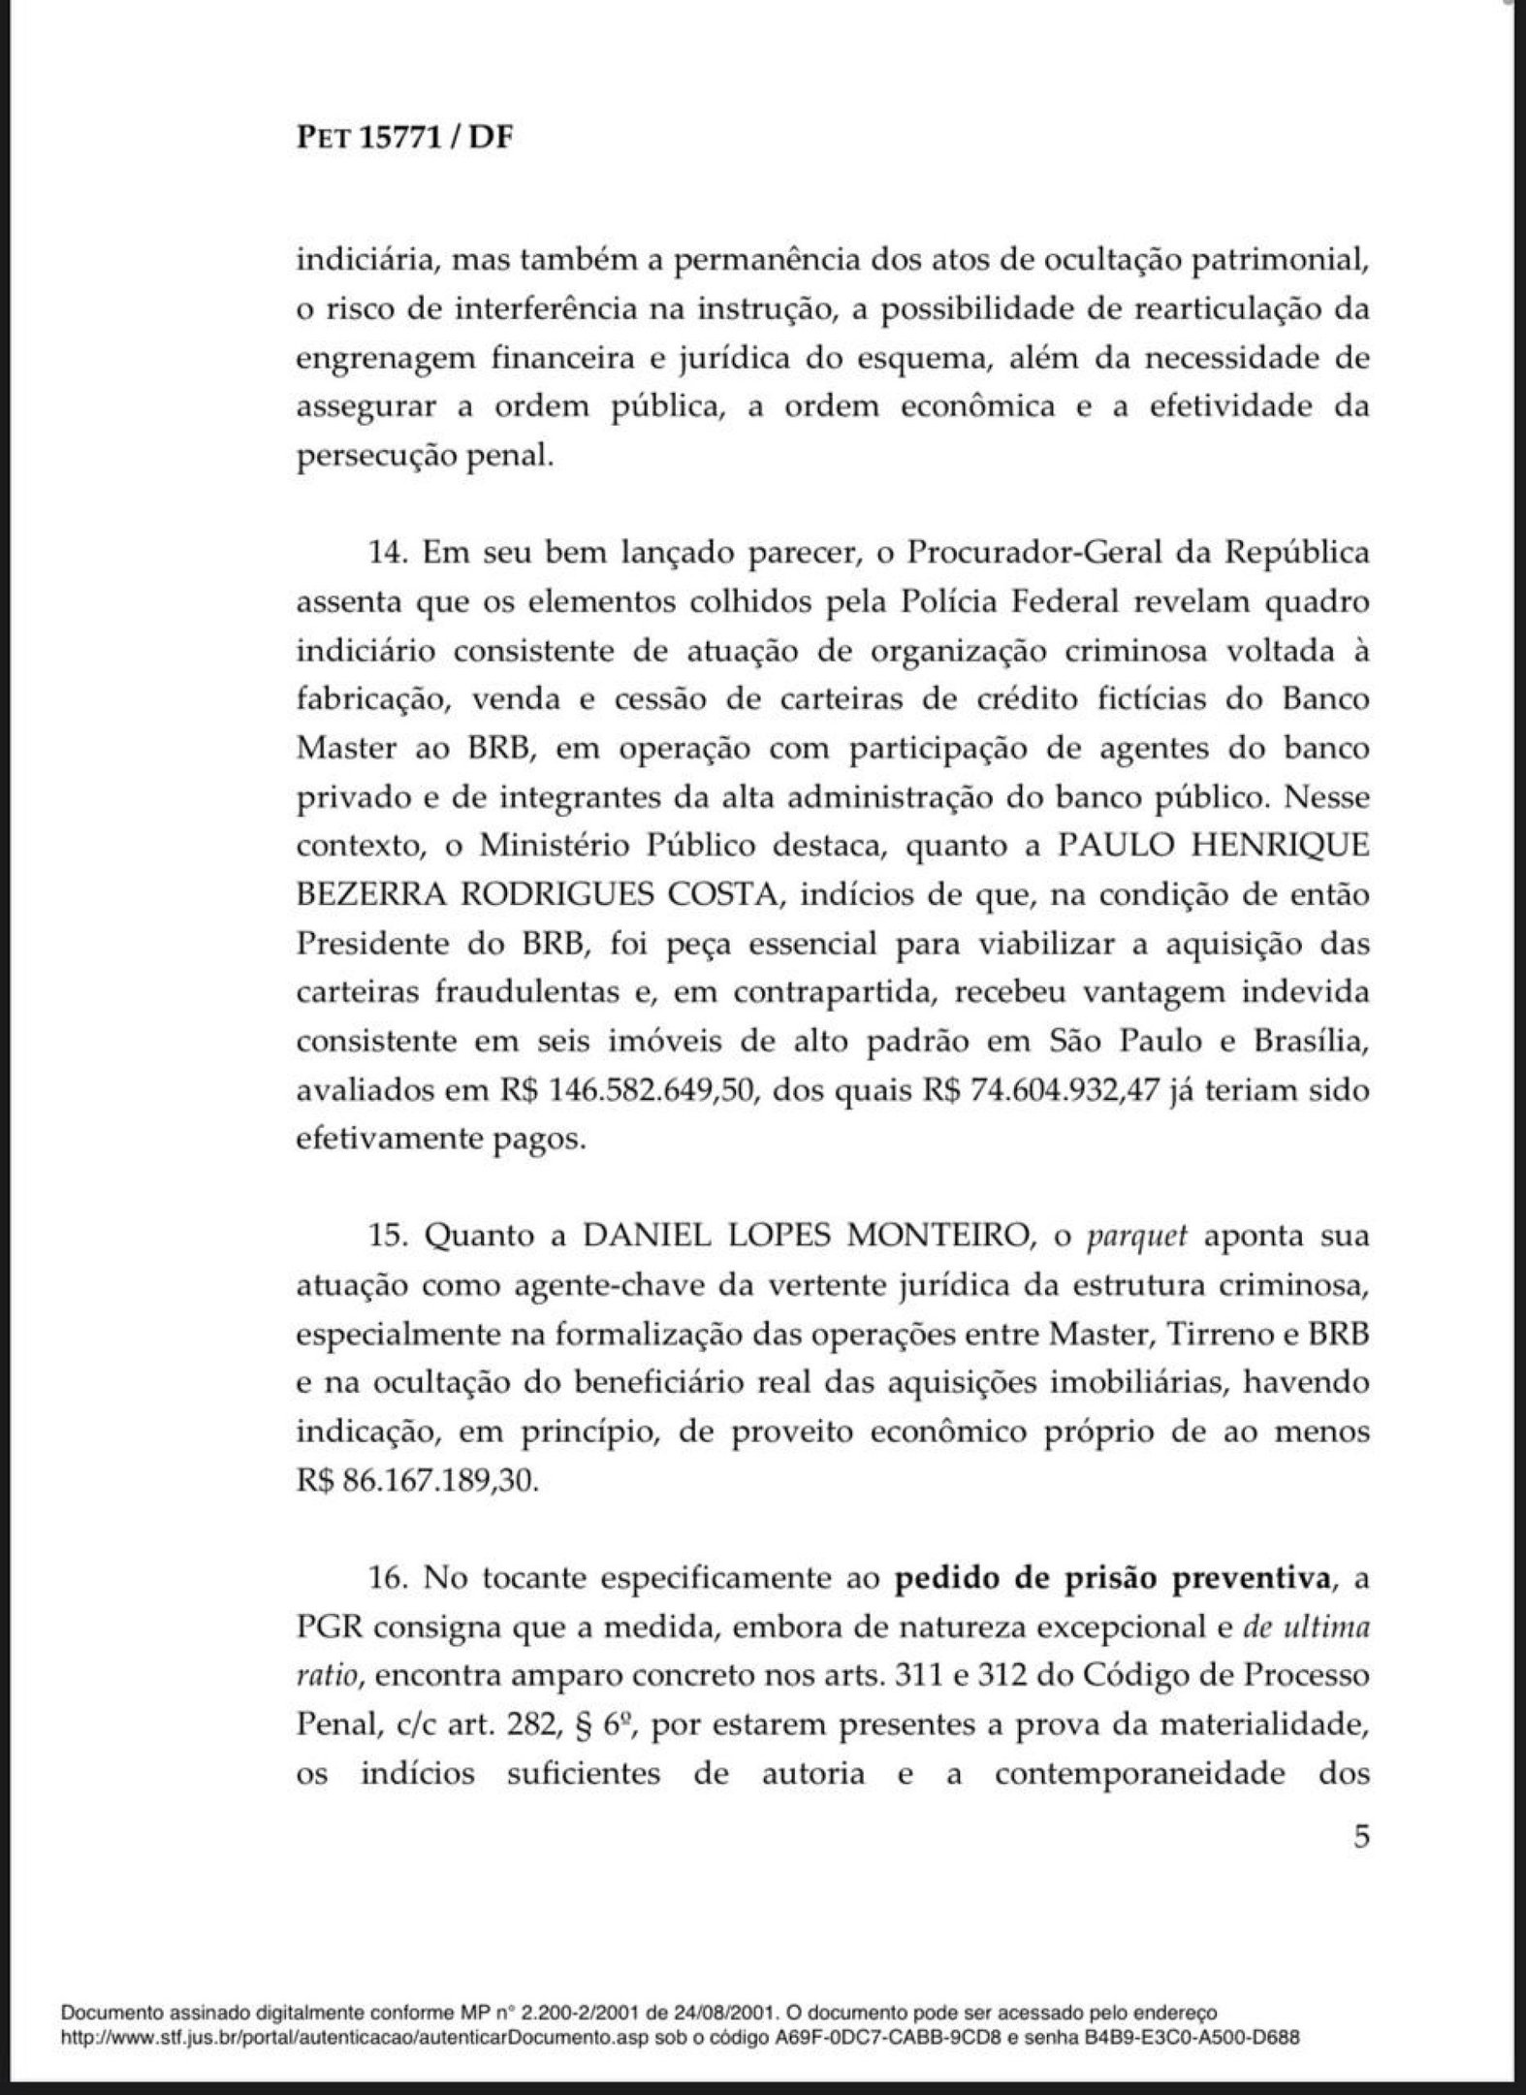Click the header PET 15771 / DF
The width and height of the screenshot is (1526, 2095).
pos(403,139)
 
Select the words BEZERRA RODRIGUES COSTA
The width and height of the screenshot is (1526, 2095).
pos(538,895)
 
